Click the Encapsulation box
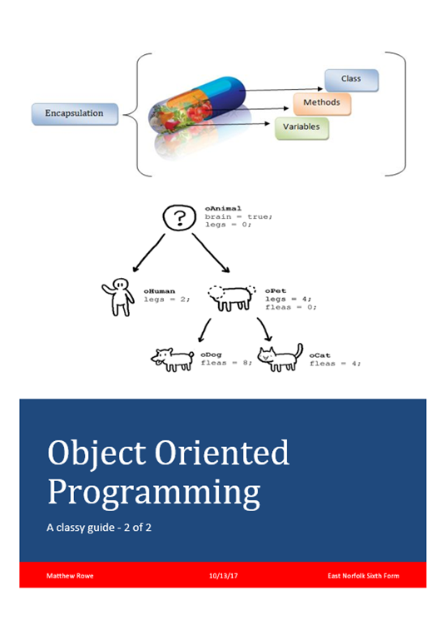pos(73,114)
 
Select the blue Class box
pos(350,80)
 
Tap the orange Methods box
pos(321,103)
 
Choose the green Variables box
pos(302,128)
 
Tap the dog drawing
pos(171,358)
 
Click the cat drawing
pos(280,358)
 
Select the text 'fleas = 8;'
pos(223,363)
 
